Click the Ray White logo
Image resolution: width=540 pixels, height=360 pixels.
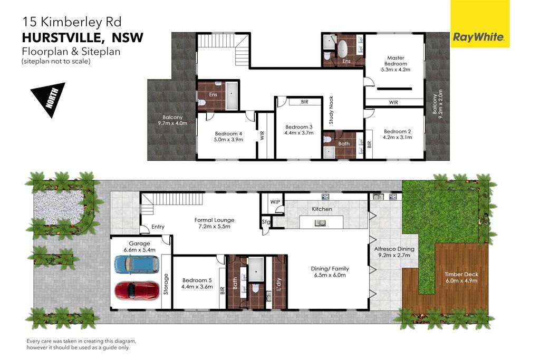point(480,24)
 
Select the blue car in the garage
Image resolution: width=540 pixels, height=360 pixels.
point(137,264)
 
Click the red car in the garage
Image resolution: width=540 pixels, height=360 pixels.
point(137,290)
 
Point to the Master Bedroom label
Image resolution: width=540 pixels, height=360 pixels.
point(396,61)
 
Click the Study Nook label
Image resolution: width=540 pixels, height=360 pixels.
point(331,110)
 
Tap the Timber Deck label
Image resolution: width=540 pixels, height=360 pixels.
point(461,274)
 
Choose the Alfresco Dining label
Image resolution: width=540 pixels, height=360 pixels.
point(394,248)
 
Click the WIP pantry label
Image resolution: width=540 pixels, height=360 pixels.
point(275,202)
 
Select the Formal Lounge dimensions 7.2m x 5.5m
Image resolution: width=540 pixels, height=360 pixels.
point(214,227)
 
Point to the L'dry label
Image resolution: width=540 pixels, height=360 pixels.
point(279,284)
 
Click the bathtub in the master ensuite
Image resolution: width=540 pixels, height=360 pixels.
point(343,49)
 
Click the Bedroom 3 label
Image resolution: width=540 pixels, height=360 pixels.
point(299,127)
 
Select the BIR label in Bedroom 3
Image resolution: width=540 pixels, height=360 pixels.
point(304,102)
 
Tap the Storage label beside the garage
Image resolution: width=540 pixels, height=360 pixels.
point(166,284)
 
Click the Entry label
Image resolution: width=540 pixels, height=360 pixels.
point(158,227)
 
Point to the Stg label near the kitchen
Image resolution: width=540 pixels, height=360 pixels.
point(266,222)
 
